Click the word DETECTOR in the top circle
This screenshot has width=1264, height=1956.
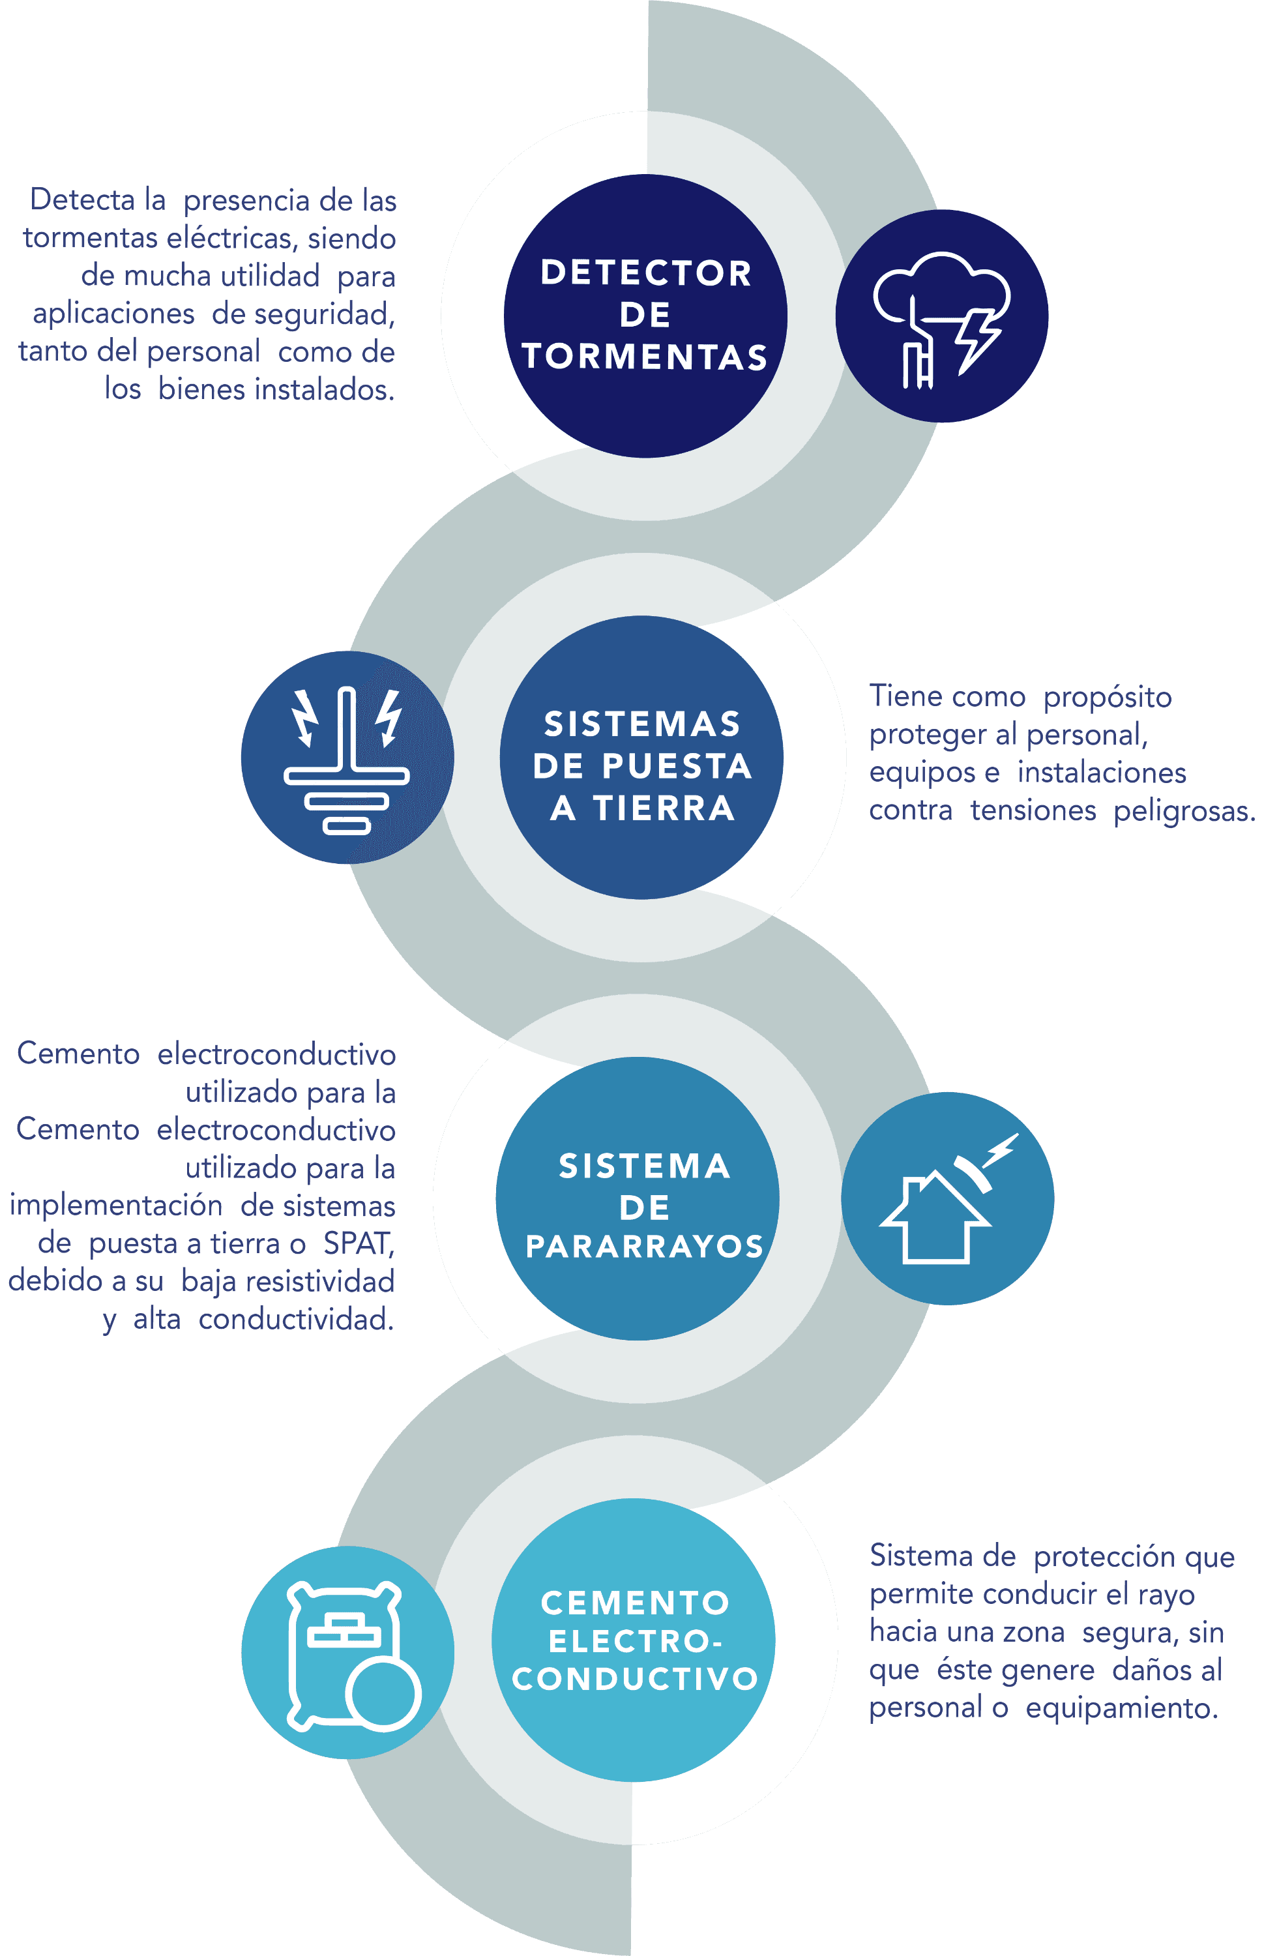pyautogui.click(x=646, y=273)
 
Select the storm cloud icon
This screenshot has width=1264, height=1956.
pyautogui.click(x=940, y=285)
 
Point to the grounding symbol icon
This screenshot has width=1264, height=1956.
pyautogui.click(x=346, y=759)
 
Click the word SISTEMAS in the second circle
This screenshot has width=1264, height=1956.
pyautogui.click(x=643, y=724)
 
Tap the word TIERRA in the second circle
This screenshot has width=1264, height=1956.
pyautogui.click(x=664, y=809)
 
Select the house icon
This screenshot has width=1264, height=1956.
pyautogui.click(x=935, y=1219)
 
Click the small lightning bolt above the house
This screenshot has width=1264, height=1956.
pyautogui.click(x=1001, y=1149)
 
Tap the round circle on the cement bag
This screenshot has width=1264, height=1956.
pyautogui.click(x=383, y=1693)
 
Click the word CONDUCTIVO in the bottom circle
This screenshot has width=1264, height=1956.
pyautogui.click(x=636, y=1680)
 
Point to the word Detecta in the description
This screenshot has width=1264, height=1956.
pyautogui.click(x=82, y=200)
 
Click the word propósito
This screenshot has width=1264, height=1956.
pyautogui.click(x=1108, y=697)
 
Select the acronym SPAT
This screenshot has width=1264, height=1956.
pyautogui.click(x=358, y=1243)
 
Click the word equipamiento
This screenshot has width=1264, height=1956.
pyautogui.click(x=1121, y=1708)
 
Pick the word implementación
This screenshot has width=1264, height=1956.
pyautogui.click(x=116, y=1206)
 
